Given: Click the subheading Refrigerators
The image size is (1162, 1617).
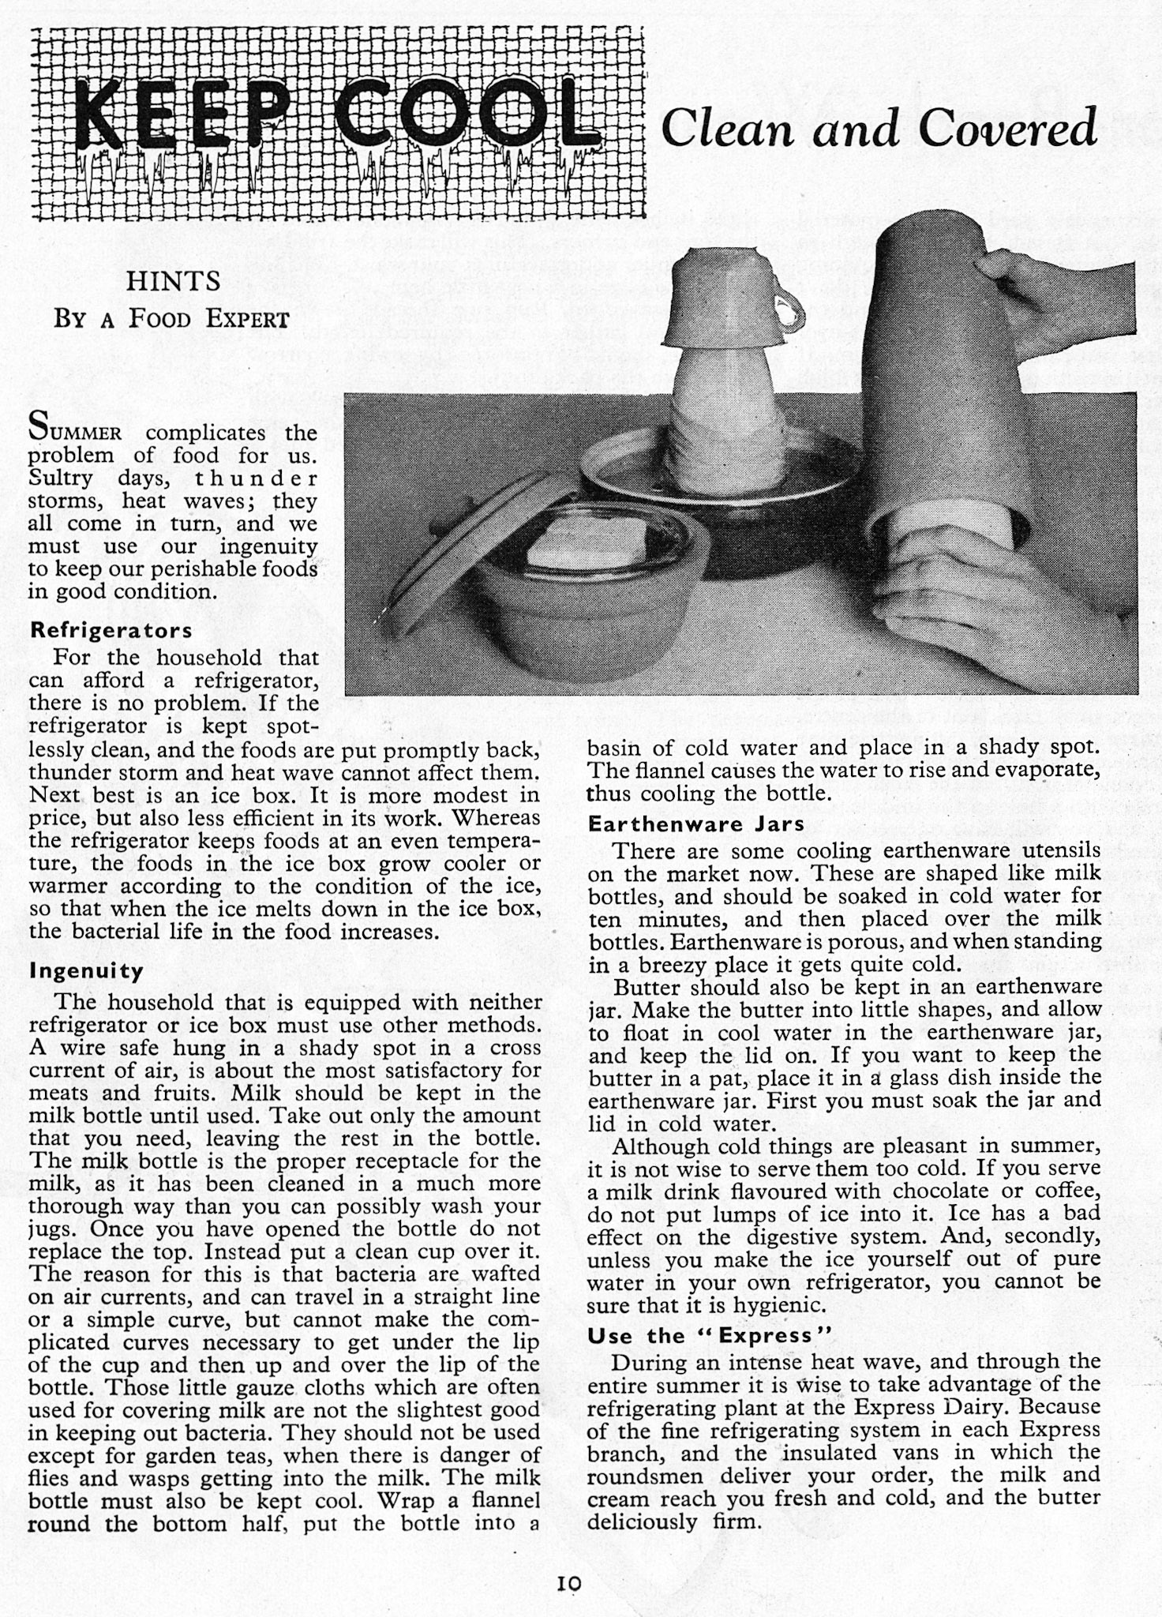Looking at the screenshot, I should pyautogui.click(x=111, y=631).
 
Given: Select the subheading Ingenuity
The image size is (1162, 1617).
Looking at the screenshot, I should pyautogui.click(x=86, y=970).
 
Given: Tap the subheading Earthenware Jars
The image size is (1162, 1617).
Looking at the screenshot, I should pyautogui.click(x=696, y=824).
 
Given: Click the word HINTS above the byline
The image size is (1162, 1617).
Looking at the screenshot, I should pyautogui.click(x=173, y=282).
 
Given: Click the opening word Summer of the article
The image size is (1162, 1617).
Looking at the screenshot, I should pyautogui.click(x=74, y=432).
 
